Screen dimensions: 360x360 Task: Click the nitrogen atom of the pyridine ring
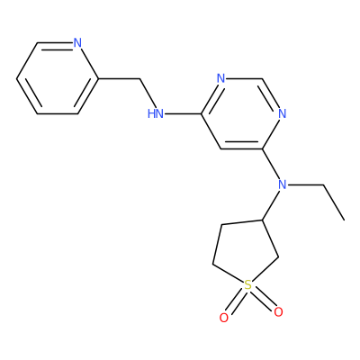[x=77, y=43]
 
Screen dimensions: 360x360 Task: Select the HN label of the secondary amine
[x=156, y=114]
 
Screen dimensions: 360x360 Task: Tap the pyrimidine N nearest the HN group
[x=220, y=78]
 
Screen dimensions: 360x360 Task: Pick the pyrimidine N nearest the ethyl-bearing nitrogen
[x=283, y=114]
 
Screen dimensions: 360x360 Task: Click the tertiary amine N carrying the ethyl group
[x=283, y=184]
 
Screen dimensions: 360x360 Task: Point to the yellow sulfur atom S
[x=247, y=285]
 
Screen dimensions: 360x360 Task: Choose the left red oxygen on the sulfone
[x=224, y=318]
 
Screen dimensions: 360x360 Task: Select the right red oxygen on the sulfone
[x=278, y=312]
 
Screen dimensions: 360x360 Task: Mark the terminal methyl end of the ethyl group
[x=344, y=220]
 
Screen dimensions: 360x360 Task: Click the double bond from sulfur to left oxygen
[x=236, y=301]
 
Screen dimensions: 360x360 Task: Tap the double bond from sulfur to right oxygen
[x=263, y=299]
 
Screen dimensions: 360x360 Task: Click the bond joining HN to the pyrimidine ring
[x=183, y=114]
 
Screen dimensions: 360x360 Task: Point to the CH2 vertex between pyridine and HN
[x=139, y=79]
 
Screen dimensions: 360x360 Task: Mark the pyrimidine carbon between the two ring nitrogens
[x=262, y=79]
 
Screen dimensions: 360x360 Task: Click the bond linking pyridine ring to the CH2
[x=119, y=79]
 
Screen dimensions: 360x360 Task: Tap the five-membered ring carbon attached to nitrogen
[x=262, y=220]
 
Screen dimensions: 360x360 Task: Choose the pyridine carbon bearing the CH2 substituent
[x=98, y=79]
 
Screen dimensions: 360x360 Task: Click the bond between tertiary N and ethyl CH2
[x=305, y=184]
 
